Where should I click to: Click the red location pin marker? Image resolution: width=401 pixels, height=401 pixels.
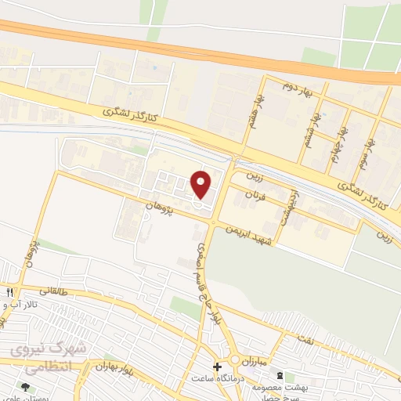click(x=201, y=184)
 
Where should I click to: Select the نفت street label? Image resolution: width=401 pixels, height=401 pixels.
click(x=304, y=338)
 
